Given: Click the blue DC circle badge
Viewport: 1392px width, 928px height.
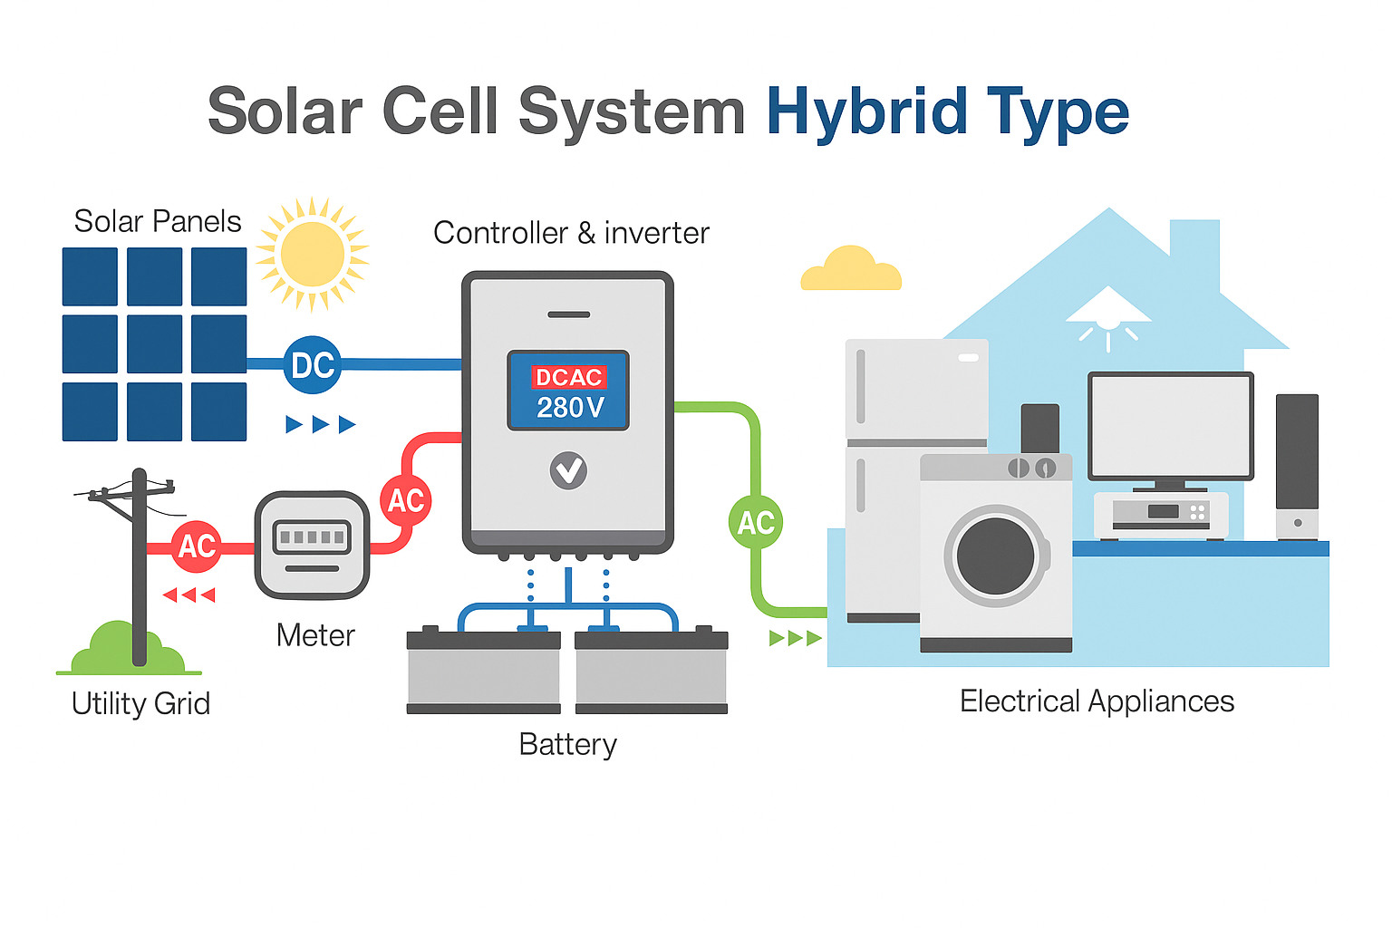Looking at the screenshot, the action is (x=313, y=365).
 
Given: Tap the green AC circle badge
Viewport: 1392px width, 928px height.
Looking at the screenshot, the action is (x=756, y=522).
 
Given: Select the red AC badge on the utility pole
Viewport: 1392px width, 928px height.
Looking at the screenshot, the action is (x=197, y=546).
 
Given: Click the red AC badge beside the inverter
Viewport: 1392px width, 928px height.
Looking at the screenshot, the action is (x=406, y=500).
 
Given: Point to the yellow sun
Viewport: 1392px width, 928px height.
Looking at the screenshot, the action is (x=313, y=255).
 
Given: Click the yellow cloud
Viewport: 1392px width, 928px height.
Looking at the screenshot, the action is (x=851, y=268).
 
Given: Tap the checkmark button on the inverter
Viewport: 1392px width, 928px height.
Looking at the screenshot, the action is (x=568, y=470).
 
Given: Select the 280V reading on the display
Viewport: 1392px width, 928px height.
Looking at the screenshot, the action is (x=570, y=408).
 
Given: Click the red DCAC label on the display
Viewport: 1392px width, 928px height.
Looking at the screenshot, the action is (x=568, y=377).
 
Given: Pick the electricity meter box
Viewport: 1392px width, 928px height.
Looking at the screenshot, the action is (x=312, y=546).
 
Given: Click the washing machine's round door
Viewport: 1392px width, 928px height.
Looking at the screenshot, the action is (x=996, y=556).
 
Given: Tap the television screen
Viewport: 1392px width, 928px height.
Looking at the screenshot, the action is (x=1171, y=426).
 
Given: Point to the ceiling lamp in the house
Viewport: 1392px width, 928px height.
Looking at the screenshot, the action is (x=1108, y=317).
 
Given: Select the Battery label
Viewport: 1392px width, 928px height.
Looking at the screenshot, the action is (x=568, y=745).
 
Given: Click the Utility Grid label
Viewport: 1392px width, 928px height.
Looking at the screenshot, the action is (x=141, y=703).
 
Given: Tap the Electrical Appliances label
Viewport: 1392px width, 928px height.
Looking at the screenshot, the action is (x=1097, y=701).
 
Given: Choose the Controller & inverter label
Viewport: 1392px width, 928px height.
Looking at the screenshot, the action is (x=571, y=233).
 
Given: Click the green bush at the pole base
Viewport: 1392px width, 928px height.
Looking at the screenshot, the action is (x=128, y=648).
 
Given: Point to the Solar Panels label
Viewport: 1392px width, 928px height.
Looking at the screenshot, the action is (x=158, y=221).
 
